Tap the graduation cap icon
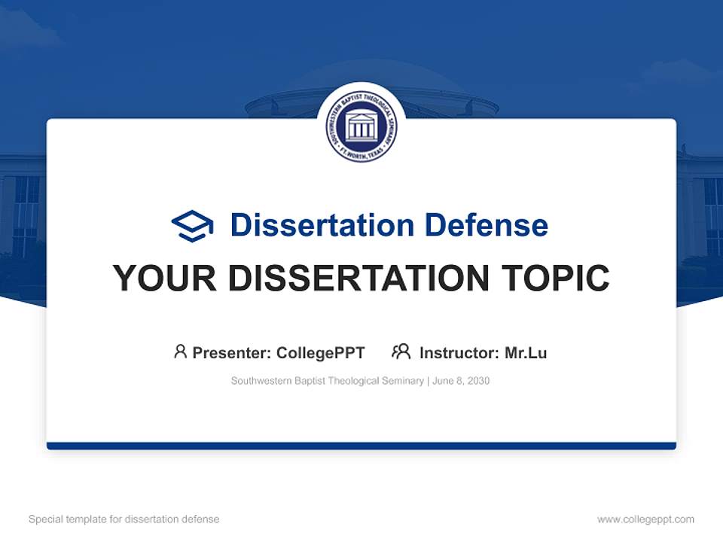pyautogui.click(x=193, y=225)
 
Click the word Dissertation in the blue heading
pyautogui.click(x=322, y=225)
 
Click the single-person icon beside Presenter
pyautogui.click(x=180, y=352)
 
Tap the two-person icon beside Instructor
pyautogui.click(x=401, y=352)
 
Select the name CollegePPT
pyautogui.click(x=321, y=353)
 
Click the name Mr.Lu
pyautogui.click(x=526, y=353)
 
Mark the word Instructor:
pyautogui.click(x=459, y=353)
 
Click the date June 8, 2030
pyautogui.click(x=461, y=381)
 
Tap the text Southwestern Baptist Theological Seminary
pyautogui.click(x=327, y=381)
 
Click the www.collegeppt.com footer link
pyautogui.click(x=645, y=519)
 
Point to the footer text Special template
pyautogui.click(x=63, y=519)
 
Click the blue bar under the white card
pyautogui.click(x=361, y=446)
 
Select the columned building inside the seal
pyautogui.click(x=361, y=126)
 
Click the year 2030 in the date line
pyautogui.click(x=478, y=381)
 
